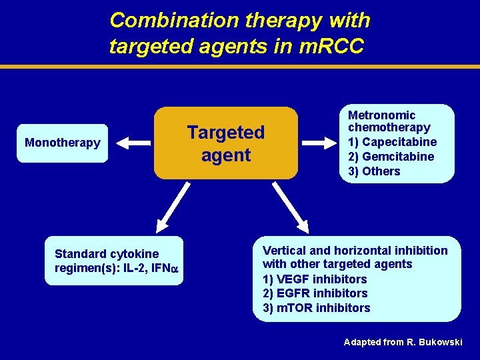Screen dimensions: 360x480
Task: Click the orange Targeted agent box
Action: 225,143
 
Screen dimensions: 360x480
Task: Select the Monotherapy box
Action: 63,143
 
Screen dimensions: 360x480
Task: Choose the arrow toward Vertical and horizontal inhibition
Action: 291,207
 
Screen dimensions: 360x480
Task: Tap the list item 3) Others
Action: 374,171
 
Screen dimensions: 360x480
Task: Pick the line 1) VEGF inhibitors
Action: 315,279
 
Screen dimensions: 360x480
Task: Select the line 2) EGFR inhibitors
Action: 315,293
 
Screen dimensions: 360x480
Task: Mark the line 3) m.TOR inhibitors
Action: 316,308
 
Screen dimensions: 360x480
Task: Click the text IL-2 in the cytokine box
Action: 138,269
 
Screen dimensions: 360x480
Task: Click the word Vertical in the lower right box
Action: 284,251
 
